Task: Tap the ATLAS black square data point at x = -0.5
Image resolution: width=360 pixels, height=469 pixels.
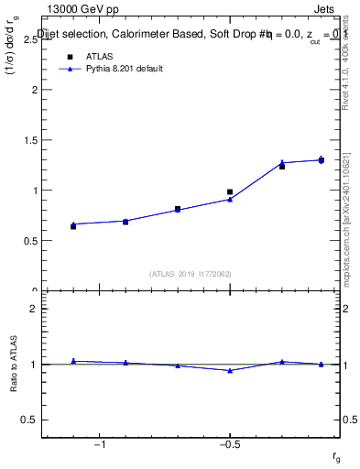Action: coord(230,192)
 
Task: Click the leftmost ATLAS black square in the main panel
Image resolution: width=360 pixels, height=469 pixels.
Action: coord(73,225)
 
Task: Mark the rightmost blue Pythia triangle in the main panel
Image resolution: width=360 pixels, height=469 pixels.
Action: coord(322,159)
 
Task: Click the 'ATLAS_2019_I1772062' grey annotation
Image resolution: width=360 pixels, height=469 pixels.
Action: coord(191,273)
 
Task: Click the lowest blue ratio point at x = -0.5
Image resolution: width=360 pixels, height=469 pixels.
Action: coord(230,370)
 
